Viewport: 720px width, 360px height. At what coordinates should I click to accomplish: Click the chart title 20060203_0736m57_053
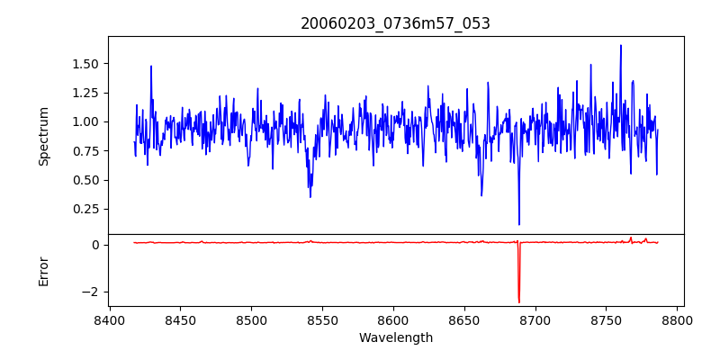click(x=395, y=23)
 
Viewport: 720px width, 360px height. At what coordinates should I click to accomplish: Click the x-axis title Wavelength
click(x=395, y=337)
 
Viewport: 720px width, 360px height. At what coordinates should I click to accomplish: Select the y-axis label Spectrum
click(x=44, y=136)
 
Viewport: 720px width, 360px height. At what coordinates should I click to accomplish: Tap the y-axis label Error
click(x=44, y=271)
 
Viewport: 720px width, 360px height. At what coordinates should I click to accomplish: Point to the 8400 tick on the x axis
click(x=110, y=319)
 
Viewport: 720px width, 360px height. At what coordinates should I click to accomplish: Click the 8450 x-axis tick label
click(x=181, y=319)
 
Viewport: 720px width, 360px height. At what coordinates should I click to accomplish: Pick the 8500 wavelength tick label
click(x=252, y=319)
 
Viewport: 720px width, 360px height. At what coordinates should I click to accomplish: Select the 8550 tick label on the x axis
click(x=323, y=319)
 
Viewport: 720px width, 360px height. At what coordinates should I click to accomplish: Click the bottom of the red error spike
click(x=519, y=301)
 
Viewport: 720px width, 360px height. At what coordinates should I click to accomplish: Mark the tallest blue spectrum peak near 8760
click(x=621, y=45)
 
